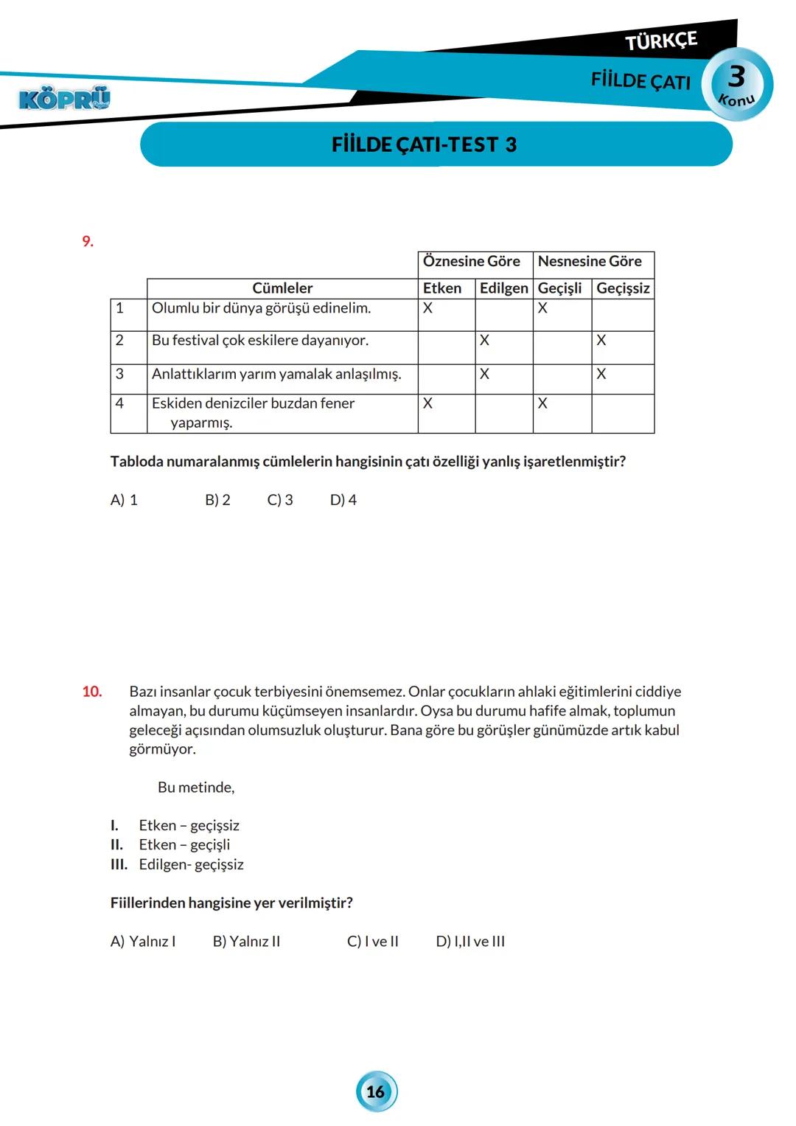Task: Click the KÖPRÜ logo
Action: click(x=64, y=98)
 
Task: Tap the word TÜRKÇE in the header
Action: click(x=661, y=41)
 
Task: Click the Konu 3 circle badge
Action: click(x=737, y=83)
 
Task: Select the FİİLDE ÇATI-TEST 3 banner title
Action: click(x=424, y=145)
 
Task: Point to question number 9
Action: click(x=88, y=242)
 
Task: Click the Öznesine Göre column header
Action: click(x=472, y=262)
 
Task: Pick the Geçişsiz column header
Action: click(x=623, y=288)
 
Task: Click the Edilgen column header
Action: click(x=503, y=288)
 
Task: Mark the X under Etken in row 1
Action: click(x=427, y=308)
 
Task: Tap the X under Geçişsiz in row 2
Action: click(x=601, y=341)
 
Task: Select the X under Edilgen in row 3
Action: click(x=484, y=375)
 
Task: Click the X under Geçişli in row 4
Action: click(x=542, y=403)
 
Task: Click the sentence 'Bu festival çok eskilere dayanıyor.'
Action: click(x=260, y=341)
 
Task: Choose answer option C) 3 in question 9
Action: click(x=280, y=500)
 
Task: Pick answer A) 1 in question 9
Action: click(x=124, y=500)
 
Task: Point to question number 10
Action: click(x=92, y=692)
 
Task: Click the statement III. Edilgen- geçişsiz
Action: click(x=177, y=864)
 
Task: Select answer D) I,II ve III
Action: click(x=470, y=942)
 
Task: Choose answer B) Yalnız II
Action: click(x=246, y=942)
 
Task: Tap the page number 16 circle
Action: click(x=376, y=1092)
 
